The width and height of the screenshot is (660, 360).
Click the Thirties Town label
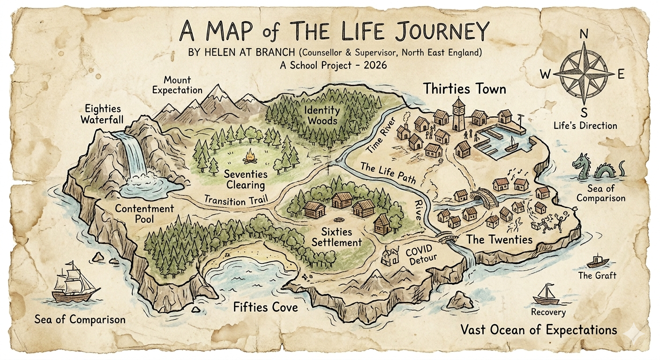coord(465,89)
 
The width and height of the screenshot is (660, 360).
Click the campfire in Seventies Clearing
coord(250,154)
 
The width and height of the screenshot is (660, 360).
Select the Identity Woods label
coord(321,115)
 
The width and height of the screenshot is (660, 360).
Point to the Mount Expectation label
coord(177,84)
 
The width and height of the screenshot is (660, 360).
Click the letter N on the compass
coord(584,34)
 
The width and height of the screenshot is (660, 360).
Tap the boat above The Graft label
coord(597,261)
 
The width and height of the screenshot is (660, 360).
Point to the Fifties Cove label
coord(265,307)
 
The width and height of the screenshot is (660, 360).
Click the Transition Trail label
coord(236,200)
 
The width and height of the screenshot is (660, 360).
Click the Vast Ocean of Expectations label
coord(539,330)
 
